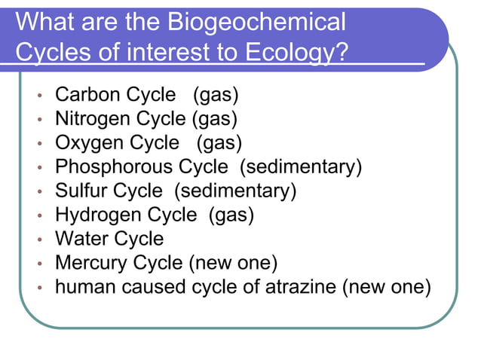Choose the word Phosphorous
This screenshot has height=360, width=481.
pos(114,166)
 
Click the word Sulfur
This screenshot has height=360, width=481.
pos(81,191)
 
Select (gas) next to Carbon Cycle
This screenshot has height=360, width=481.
pos(216,96)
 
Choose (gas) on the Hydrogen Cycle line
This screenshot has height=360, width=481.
pos(231,215)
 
